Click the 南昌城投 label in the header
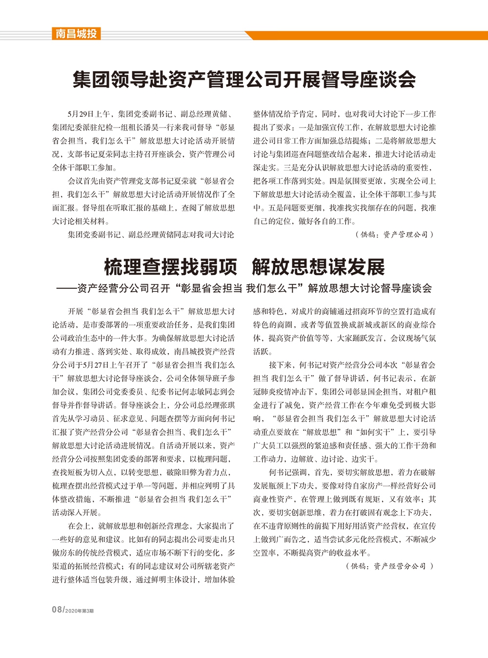pos(76,34)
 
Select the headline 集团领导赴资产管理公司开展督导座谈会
pos(244,80)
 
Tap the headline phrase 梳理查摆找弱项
pos(170,267)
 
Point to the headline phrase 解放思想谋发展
pos(318,267)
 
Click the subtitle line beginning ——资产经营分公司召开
pos(244,288)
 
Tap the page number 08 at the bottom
pos(57,610)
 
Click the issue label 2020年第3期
pos(79,611)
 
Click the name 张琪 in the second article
pos(227,405)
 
